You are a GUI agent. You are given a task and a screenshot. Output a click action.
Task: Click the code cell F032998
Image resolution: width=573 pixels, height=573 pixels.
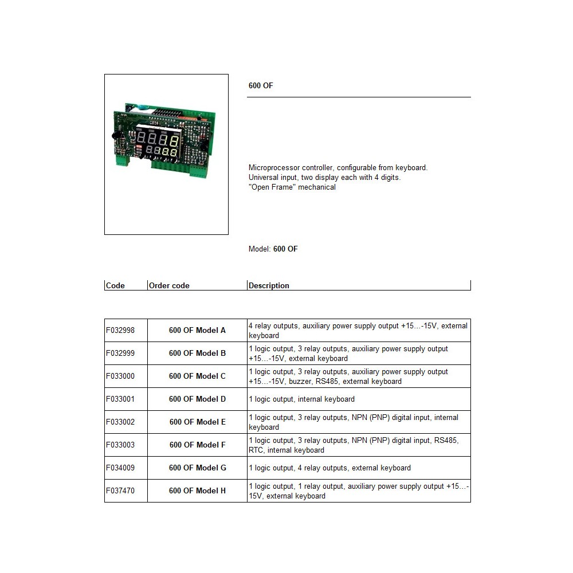coord(120,331)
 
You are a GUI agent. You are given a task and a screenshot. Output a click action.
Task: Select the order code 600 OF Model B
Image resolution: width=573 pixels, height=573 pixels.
coord(197,354)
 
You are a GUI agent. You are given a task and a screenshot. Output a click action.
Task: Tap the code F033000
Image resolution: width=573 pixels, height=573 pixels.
coord(120,376)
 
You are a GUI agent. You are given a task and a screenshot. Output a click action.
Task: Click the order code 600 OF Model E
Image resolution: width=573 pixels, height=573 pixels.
coord(197,422)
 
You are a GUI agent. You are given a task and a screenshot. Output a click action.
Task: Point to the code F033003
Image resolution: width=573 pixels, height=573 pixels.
coord(120,445)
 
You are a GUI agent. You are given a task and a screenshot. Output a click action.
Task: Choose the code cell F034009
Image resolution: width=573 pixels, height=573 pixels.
coord(120,468)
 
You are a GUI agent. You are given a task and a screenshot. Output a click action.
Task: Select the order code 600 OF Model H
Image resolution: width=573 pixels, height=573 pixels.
coord(197,491)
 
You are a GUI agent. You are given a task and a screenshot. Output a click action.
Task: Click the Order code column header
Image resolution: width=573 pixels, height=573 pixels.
coord(169,285)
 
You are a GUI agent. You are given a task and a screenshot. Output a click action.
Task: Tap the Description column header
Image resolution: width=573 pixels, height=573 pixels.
coord(269,285)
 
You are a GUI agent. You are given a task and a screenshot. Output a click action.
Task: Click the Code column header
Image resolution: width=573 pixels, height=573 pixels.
coord(115,285)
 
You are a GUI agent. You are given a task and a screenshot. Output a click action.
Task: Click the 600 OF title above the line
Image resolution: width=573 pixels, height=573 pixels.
coord(261,85)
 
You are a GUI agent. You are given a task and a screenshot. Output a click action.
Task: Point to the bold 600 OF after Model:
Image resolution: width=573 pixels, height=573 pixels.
coord(285,249)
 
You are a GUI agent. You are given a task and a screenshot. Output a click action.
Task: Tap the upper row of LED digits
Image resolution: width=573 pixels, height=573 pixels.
coord(158,139)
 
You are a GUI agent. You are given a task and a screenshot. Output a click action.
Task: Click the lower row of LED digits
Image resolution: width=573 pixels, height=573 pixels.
coord(162,151)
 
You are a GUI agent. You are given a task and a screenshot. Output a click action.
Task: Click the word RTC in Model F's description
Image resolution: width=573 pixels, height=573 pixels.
coord(256,450)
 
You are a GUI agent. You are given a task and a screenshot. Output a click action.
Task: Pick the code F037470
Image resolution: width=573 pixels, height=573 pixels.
coord(120,491)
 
